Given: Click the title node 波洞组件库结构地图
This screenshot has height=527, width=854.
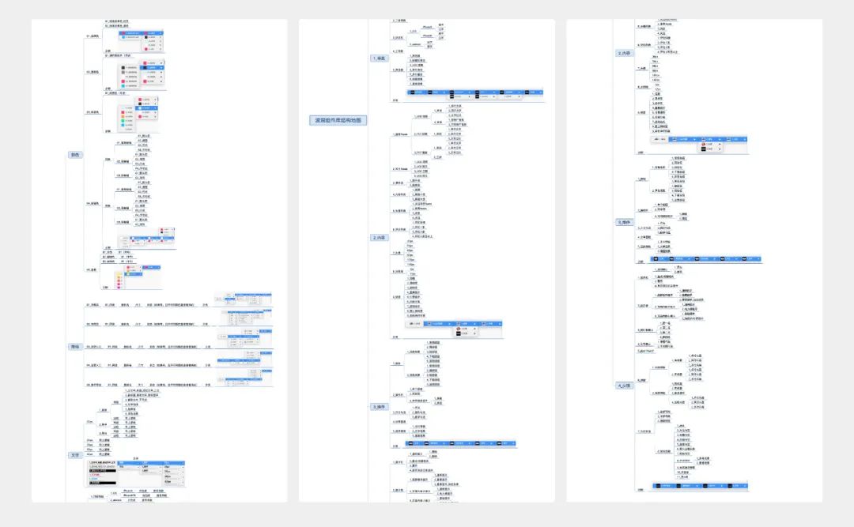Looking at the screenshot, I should (338, 120).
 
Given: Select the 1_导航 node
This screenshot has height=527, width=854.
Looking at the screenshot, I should (381, 58).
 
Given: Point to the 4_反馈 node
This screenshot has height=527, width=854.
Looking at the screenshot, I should (625, 386).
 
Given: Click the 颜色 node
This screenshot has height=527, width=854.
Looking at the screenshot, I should (75, 155).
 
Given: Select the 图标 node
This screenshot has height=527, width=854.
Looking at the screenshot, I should (75, 346).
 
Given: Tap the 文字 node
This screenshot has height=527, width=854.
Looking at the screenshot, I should (75, 455).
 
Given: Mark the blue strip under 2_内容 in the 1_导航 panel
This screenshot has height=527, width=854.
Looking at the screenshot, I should (455, 323).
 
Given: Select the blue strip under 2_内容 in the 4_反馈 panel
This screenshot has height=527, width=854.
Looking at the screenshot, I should (699, 139).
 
